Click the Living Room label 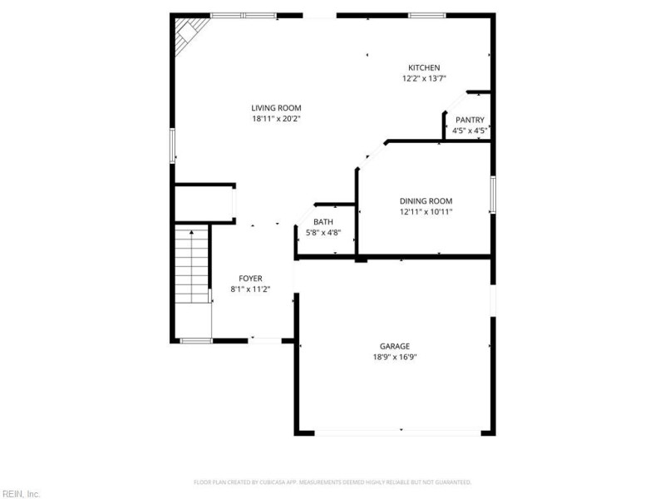276,107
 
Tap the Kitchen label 423,67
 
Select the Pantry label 469,120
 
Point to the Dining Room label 426,200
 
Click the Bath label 323,222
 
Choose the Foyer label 250,278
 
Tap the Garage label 395,346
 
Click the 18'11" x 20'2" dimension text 276,118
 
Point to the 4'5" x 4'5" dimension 469,131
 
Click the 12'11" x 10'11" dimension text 426,211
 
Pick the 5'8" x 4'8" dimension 323,232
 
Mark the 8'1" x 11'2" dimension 250,289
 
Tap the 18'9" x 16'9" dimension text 395,357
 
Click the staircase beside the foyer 191,264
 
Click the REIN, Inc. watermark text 20,493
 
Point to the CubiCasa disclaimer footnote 332,482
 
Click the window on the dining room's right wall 492,195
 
